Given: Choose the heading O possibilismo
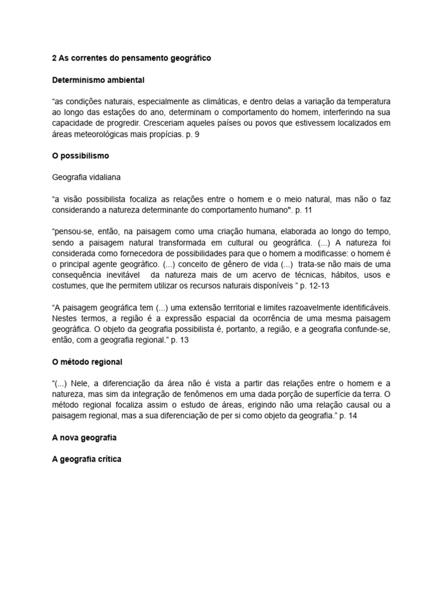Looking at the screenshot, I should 80,156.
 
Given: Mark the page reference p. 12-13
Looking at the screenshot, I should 309,285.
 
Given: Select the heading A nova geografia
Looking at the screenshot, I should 84,438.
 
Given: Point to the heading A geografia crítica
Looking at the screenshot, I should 87,460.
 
